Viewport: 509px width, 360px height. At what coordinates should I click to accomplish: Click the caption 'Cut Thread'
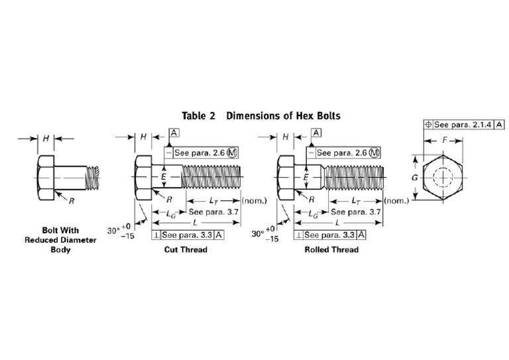click(x=186, y=250)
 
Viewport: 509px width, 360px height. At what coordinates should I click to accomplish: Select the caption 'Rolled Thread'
click(x=331, y=250)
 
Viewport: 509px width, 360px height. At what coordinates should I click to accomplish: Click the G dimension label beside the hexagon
click(x=414, y=178)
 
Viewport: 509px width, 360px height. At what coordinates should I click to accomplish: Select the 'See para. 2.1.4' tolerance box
click(x=463, y=125)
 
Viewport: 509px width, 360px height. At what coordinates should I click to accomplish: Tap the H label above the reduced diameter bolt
click(x=46, y=139)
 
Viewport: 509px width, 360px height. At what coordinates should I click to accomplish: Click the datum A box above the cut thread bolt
click(x=174, y=133)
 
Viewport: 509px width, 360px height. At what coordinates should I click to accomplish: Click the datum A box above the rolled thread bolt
click(x=317, y=133)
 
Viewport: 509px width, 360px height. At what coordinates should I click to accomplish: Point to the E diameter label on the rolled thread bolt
click(x=306, y=177)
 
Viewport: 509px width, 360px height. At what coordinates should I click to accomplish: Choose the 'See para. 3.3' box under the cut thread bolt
click(x=188, y=235)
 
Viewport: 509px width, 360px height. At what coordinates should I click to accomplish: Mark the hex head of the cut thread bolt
click(x=144, y=178)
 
